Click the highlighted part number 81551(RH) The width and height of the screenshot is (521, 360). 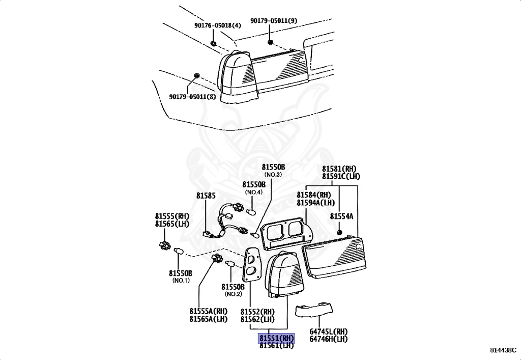click(276, 338)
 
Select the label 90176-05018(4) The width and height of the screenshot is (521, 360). click(217, 25)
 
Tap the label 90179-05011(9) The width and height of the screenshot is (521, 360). click(274, 21)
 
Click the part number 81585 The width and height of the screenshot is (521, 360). click(206, 195)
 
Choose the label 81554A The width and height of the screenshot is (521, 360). click(341, 216)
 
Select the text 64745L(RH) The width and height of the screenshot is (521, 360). click(328, 331)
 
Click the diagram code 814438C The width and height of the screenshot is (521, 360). click(503, 350)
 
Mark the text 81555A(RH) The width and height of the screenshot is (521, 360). click(209, 311)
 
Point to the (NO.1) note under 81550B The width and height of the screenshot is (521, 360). click(181, 281)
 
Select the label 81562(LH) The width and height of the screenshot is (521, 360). click(257, 319)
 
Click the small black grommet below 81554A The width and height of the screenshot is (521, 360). click(338, 232)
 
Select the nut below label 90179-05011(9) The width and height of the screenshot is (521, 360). click(270, 41)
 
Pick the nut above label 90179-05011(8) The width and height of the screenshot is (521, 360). click(196, 77)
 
